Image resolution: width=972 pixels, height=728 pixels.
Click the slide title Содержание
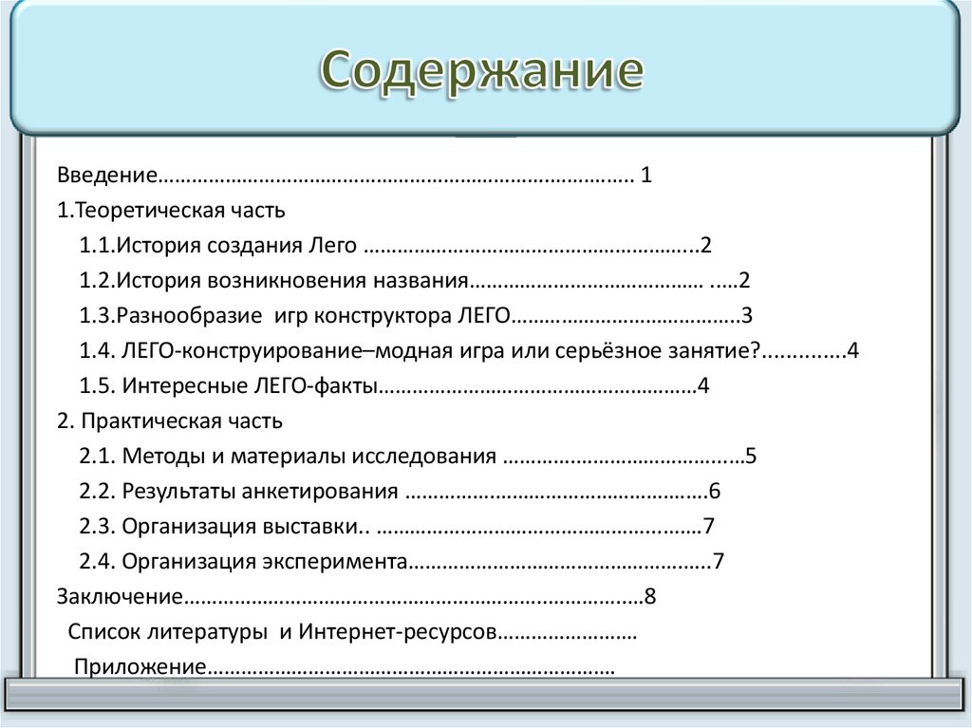pyautogui.click(x=481, y=71)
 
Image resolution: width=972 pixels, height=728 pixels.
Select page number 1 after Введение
pyautogui.click(x=646, y=176)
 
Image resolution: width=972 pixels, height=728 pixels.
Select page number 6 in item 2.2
pyautogui.click(x=715, y=492)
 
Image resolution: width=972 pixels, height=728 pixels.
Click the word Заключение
pyautogui.click(x=118, y=597)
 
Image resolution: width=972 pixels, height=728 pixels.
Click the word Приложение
pyautogui.click(x=140, y=666)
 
